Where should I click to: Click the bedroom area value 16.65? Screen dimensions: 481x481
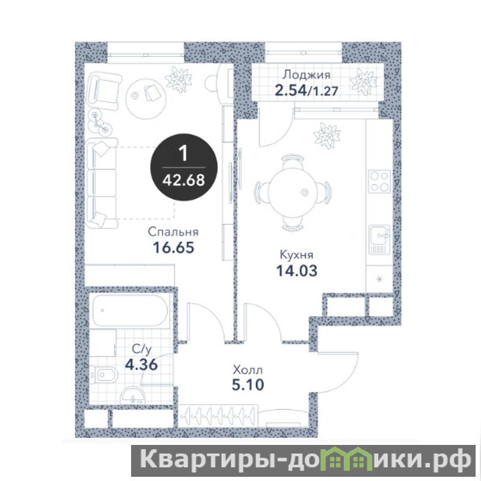coord(174,248)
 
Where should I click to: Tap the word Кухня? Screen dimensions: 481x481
coord(296,254)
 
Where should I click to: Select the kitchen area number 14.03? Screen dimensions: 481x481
coord(297,271)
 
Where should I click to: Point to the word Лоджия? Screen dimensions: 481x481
coord(307,75)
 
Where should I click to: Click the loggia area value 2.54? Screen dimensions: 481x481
coord(290,91)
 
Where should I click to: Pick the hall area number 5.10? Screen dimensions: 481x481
coord(248,385)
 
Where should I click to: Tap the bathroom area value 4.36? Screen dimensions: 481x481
coord(141,364)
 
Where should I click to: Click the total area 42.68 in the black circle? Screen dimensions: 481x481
coord(183,180)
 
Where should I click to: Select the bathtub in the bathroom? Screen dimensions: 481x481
coord(130,310)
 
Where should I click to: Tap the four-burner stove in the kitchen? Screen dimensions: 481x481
coord(380,182)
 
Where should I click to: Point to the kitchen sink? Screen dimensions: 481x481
coord(379,239)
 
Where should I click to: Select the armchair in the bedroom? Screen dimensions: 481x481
coord(103,92)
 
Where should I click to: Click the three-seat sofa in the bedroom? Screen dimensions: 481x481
coord(102,183)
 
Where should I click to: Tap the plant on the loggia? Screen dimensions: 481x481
coord(364,81)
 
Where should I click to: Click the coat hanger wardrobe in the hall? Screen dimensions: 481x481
coord(218,415)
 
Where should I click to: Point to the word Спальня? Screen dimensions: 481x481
coord(173,232)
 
